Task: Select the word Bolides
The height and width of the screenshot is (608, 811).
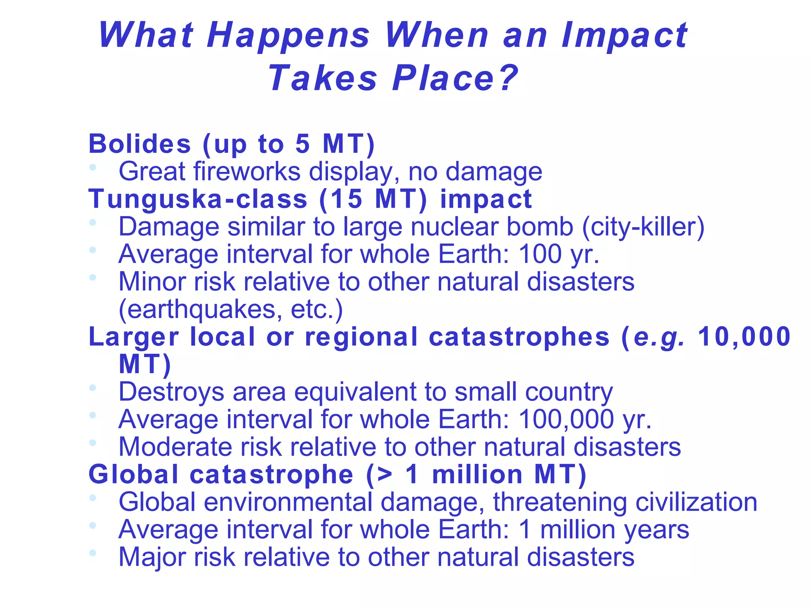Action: [140, 144]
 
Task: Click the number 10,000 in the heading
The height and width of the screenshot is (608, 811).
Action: [744, 337]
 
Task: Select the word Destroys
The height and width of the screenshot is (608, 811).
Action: [171, 392]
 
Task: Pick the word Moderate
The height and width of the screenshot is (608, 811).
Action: [175, 447]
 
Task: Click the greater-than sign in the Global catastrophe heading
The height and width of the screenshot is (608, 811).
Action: [385, 475]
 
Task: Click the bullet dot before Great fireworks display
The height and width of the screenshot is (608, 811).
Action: [93, 167]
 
